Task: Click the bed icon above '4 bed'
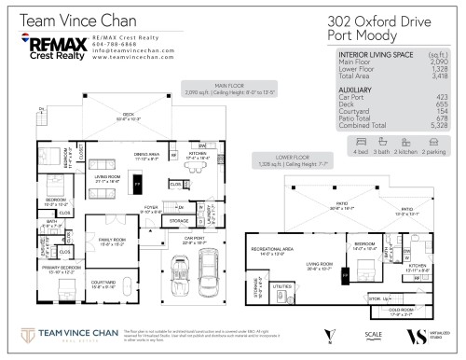pyautogui.click(x=359, y=140)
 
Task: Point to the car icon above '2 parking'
pyautogui.click(x=432, y=140)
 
